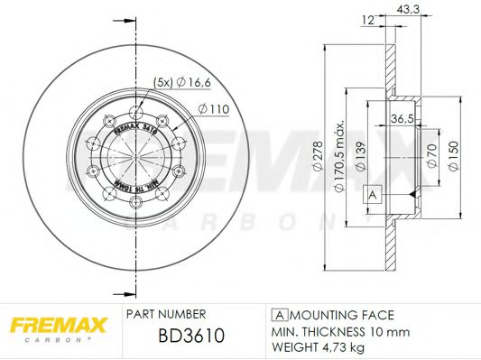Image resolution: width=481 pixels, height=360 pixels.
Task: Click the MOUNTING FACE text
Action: (x=341, y=315)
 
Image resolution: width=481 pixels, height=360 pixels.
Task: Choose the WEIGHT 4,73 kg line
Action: (x=319, y=346)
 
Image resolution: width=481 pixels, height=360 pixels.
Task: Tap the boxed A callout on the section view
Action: (x=370, y=194)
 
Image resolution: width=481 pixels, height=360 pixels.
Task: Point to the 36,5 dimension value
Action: (x=402, y=117)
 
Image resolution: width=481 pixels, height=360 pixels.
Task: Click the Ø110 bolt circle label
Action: (x=212, y=109)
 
